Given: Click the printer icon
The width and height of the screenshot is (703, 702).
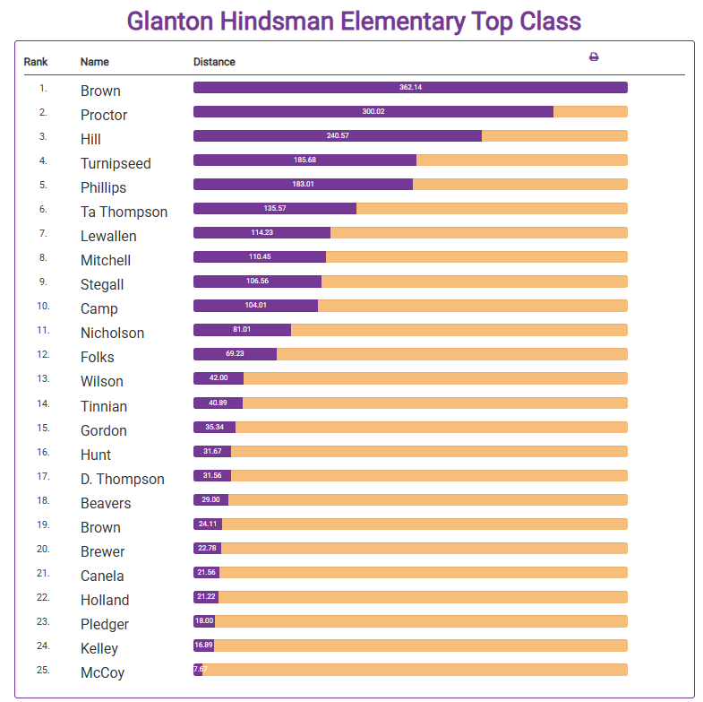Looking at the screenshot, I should (x=594, y=57).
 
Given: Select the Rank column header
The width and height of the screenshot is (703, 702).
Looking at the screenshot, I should (x=36, y=62).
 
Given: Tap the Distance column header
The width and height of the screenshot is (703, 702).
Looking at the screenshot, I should (x=214, y=62).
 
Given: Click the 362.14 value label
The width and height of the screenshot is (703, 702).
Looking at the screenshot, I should (x=410, y=87).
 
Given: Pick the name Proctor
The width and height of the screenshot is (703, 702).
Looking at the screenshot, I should (x=104, y=115).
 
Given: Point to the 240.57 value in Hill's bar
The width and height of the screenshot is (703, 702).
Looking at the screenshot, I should (x=338, y=135).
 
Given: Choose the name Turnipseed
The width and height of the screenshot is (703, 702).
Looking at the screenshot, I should (x=116, y=163).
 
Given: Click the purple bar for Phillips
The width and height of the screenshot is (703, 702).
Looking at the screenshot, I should (x=303, y=184).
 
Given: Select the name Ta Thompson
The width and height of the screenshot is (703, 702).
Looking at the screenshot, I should (x=124, y=212).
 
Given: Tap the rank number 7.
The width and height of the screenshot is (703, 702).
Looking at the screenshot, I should (x=43, y=233).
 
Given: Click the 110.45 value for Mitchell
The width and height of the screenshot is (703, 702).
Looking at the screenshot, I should (x=260, y=256).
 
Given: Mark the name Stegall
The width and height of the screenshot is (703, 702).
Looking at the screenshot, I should (x=102, y=284).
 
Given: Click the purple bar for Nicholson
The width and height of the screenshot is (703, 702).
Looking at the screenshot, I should (x=242, y=329).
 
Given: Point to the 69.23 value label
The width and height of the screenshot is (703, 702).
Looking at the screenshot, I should (x=235, y=353).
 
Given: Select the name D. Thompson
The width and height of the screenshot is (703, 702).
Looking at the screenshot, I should (x=123, y=479).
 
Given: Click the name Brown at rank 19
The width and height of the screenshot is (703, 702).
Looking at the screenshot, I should (x=100, y=527).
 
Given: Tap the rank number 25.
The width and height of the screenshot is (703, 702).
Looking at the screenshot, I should (x=43, y=669).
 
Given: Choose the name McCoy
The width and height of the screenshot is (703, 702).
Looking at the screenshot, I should (x=102, y=672).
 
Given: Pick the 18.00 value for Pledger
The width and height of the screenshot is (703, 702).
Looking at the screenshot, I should (x=204, y=620).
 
